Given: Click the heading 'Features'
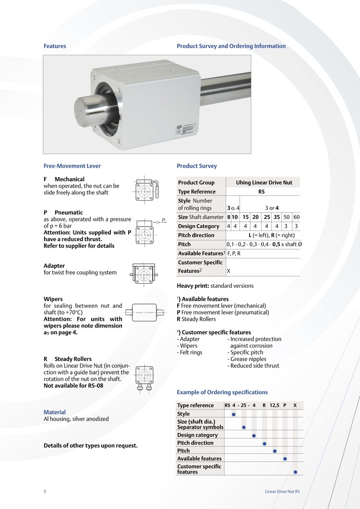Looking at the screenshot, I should click(x=55, y=46).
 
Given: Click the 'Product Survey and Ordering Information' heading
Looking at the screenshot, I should click(x=231, y=46).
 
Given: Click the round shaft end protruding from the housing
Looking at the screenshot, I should click(x=89, y=110).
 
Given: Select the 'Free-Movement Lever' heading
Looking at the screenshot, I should click(x=72, y=166).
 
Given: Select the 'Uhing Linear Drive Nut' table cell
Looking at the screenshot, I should click(x=264, y=182).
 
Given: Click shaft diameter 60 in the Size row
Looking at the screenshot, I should click(x=296, y=217).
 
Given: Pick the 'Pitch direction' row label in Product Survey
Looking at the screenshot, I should click(x=196, y=235).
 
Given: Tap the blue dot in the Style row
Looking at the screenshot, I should click(x=234, y=414).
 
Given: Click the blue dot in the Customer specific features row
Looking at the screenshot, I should click(x=295, y=472).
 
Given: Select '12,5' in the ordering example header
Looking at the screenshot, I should click(x=275, y=405).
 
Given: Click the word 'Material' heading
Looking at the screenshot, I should click(x=55, y=412).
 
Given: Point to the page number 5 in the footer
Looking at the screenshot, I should click(x=45, y=492).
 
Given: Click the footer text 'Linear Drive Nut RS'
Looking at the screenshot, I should click(x=282, y=492).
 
